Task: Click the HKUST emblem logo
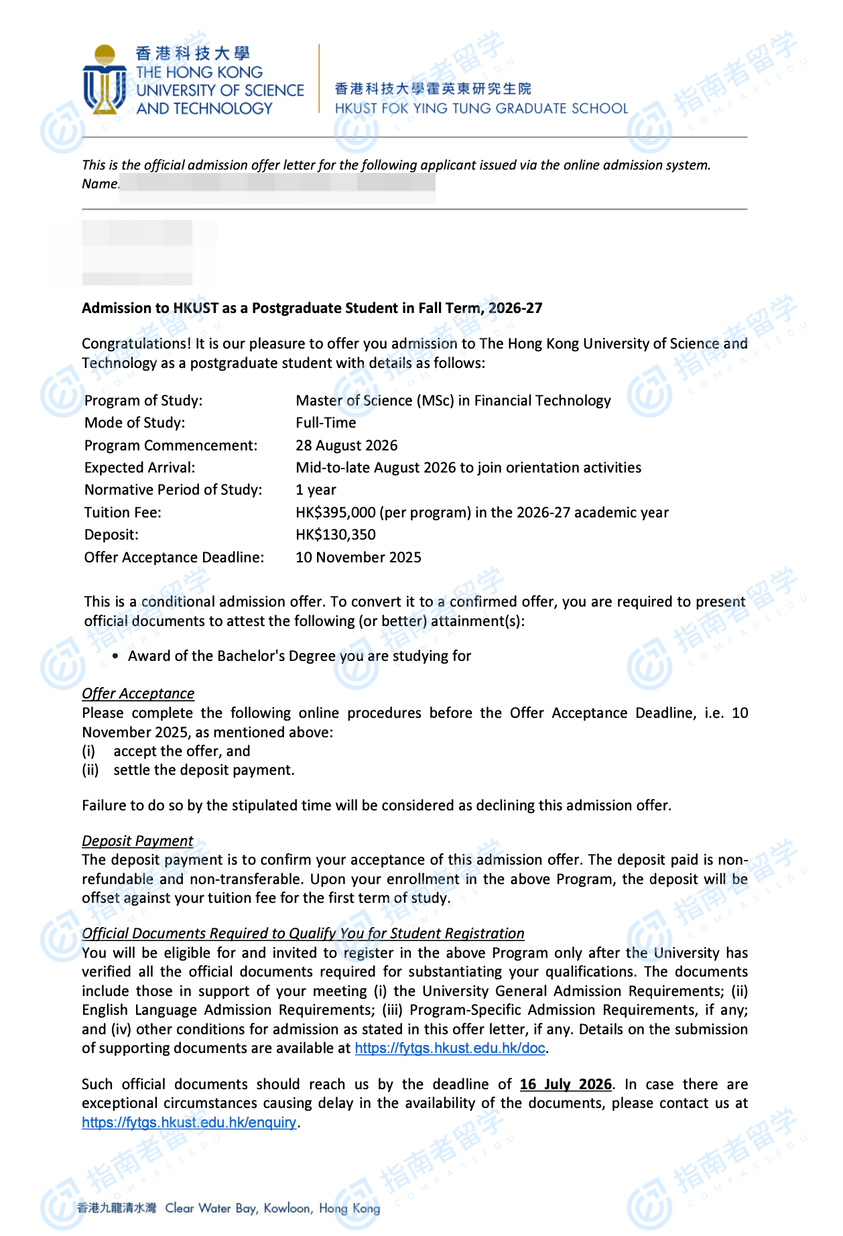105,79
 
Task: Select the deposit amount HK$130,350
336,535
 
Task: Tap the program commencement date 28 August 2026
346,446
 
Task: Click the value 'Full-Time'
326,423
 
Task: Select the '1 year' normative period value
316,490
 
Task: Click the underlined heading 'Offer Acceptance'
138,694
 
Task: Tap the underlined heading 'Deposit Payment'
137,841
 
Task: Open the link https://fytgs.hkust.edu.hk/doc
450,1048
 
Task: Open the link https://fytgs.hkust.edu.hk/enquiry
189,1123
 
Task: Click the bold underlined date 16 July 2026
566,1085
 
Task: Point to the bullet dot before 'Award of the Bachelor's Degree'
116,656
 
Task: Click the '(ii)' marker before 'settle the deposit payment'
90,770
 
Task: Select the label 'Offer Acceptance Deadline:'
174,558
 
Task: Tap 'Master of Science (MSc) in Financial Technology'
453,401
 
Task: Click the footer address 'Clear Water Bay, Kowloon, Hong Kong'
272,1209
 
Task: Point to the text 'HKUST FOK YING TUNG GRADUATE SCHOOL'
481,109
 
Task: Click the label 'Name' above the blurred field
100,184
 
